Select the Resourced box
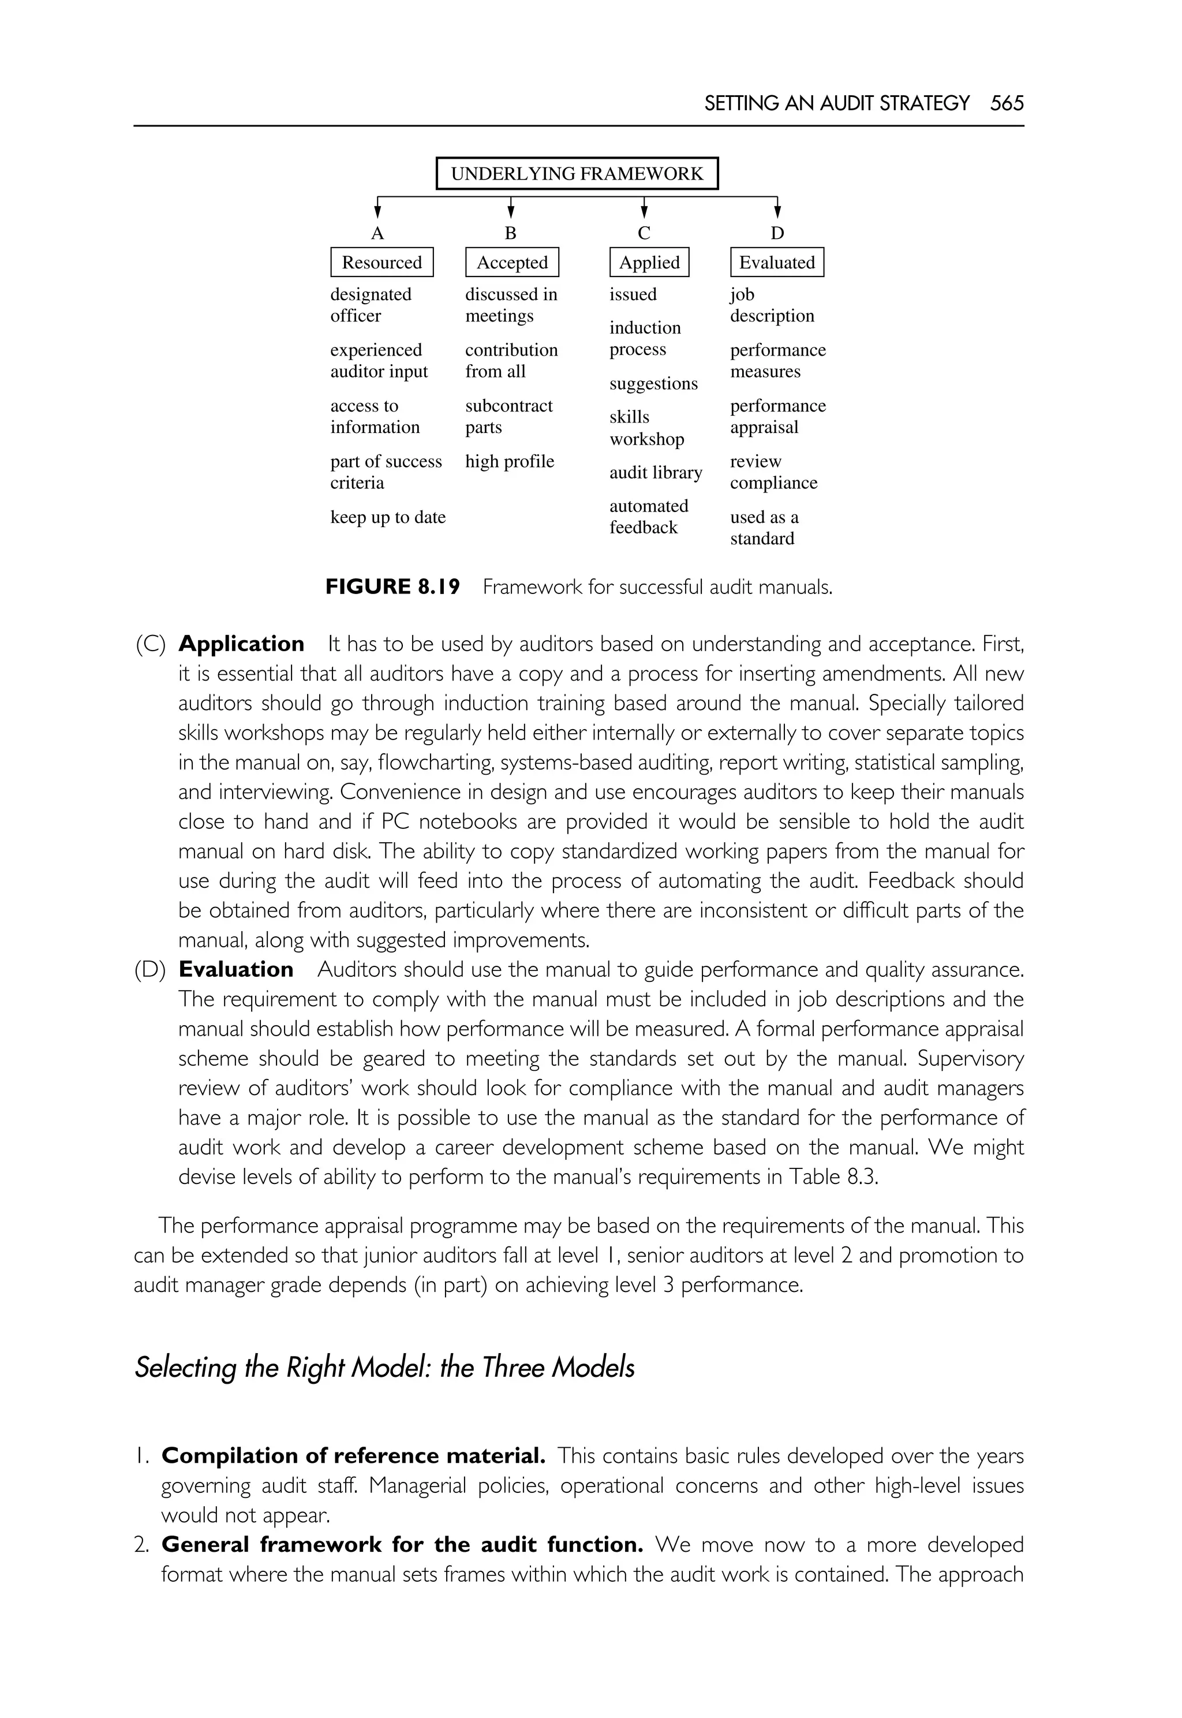click(381, 262)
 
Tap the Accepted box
click(512, 262)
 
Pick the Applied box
click(649, 262)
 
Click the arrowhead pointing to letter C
click(644, 212)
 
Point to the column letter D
click(777, 233)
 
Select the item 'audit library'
click(656, 473)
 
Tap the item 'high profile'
click(510, 462)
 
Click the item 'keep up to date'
click(387, 517)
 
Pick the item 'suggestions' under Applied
click(653, 384)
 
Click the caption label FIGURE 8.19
click(392, 587)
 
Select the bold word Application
click(241, 644)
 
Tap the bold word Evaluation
click(235, 969)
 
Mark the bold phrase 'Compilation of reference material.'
click(353, 1456)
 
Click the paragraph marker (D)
click(150, 970)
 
